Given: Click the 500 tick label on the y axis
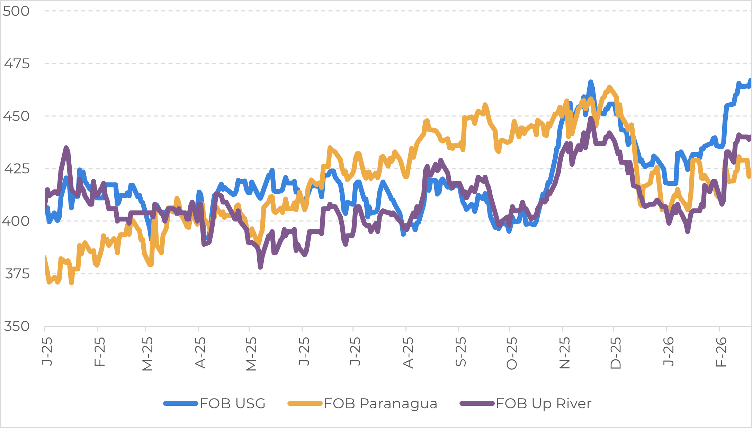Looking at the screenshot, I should pyautogui.click(x=16, y=11).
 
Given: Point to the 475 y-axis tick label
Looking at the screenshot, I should pyautogui.click(x=17, y=64).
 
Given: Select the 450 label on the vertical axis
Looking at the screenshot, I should pyautogui.click(x=16, y=116).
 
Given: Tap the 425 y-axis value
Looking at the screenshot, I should pyautogui.click(x=17, y=169).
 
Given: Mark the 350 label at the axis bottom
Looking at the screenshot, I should pyautogui.click(x=16, y=326).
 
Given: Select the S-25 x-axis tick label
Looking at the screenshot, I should pyautogui.click(x=460, y=351).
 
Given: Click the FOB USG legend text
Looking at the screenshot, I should pyautogui.click(x=232, y=403).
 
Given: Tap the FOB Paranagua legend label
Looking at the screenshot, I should pyautogui.click(x=381, y=403).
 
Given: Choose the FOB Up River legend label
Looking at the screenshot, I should pyautogui.click(x=544, y=403).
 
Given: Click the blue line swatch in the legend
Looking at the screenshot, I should pyautogui.click(x=181, y=403).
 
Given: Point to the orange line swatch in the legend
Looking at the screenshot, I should pyautogui.click(x=305, y=403).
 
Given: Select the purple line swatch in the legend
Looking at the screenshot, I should pyautogui.click(x=477, y=403).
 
